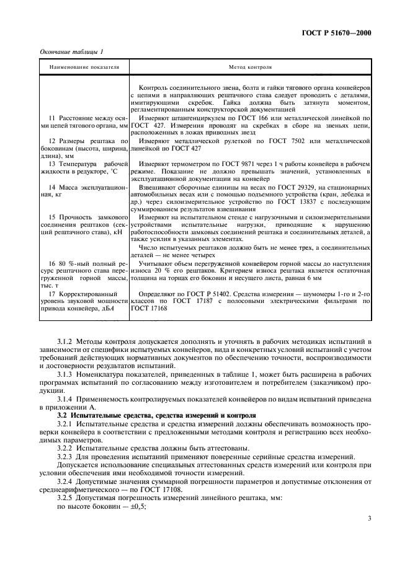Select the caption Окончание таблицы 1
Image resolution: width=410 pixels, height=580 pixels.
point(71,53)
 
